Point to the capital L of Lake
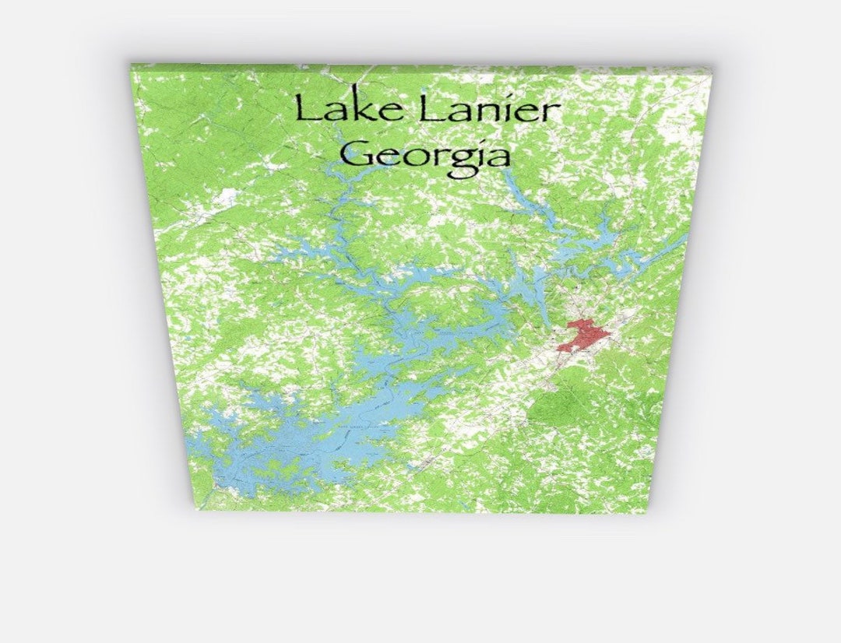305,109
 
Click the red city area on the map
584,335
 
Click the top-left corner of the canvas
131,65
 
